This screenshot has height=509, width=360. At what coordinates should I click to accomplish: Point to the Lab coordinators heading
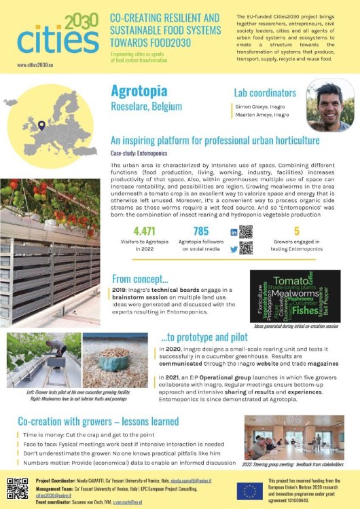tap(260, 92)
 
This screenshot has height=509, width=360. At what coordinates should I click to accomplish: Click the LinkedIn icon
tap(234, 232)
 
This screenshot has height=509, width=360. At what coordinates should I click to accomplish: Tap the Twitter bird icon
tap(234, 248)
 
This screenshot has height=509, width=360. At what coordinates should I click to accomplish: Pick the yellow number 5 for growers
tap(296, 231)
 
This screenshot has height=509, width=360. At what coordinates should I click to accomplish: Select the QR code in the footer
tap(18, 489)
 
